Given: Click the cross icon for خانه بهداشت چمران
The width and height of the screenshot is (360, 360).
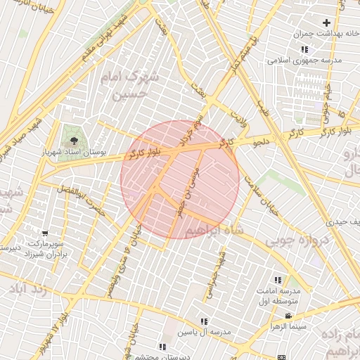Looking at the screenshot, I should click(x=326, y=22).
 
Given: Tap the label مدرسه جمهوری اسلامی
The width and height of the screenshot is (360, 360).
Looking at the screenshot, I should click(x=304, y=60).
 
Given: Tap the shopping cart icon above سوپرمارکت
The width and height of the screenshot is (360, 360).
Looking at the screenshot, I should click(x=45, y=233).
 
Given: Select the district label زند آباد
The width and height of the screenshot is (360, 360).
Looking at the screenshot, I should click(x=30, y=289).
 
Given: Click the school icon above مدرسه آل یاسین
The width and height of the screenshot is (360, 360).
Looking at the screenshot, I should click(x=205, y=320).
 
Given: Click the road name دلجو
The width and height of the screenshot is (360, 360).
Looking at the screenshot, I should click(x=261, y=142).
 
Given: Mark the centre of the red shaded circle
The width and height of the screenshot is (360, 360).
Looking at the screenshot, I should click(x=180, y=179).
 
